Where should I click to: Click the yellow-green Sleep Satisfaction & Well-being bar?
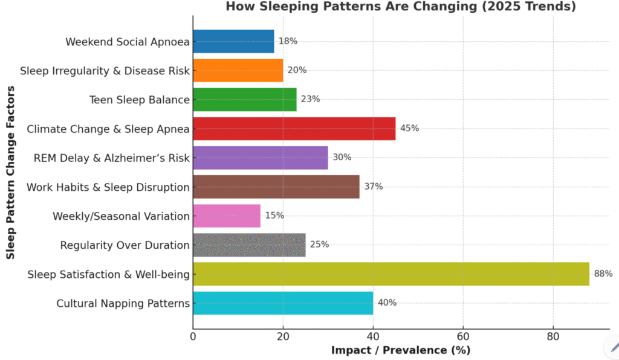pyautogui.click(x=391, y=274)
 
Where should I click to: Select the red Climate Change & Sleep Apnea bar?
pyautogui.click(x=294, y=129)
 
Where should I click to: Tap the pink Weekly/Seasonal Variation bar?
pyautogui.click(x=227, y=216)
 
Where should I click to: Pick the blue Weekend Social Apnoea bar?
pyautogui.click(x=233, y=42)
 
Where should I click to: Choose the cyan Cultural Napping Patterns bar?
pyautogui.click(x=283, y=303)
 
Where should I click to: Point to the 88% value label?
pyautogui.click(x=603, y=274)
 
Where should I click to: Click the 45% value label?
pyautogui.click(x=409, y=129)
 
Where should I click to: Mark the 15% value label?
pyautogui.click(x=274, y=216)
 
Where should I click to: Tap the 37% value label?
pyautogui.click(x=373, y=187)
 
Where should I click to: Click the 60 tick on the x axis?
pyautogui.click(x=463, y=336)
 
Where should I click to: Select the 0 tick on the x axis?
pyautogui.click(x=193, y=336)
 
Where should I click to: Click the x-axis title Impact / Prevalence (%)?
pyautogui.click(x=400, y=350)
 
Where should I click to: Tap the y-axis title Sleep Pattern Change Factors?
pyautogui.click(x=10, y=172)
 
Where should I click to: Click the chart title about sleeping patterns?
pyautogui.click(x=401, y=7)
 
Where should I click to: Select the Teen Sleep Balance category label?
pyautogui.click(x=139, y=100)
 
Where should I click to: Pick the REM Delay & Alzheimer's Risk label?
pyautogui.click(x=111, y=158)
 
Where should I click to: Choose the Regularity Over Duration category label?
pyautogui.click(x=125, y=245)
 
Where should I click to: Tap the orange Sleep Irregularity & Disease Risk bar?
pyautogui.click(x=238, y=71)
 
